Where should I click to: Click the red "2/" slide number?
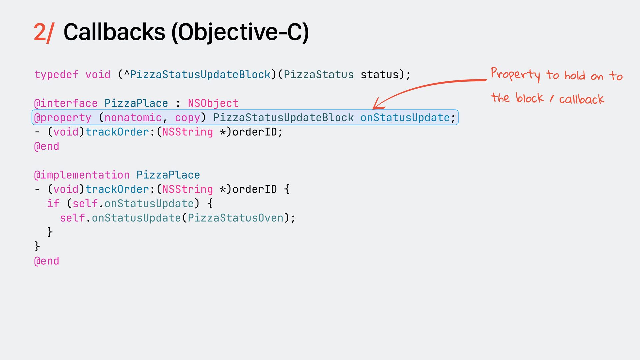(x=43, y=33)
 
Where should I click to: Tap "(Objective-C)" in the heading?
(x=240, y=33)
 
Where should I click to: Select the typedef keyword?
(x=56, y=74)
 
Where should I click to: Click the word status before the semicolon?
(x=379, y=74)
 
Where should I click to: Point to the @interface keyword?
(x=66, y=103)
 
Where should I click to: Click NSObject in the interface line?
(x=213, y=103)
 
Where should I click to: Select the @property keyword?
(x=63, y=117)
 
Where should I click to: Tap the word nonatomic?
(x=133, y=117)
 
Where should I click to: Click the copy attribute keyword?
(x=187, y=117)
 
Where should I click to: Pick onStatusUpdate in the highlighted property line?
(x=405, y=117)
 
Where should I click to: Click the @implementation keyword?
(x=82, y=175)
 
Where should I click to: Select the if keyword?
(x=53, y=203)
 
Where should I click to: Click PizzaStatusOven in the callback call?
(x=235, y=218)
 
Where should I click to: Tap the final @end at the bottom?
(x=47, y=261)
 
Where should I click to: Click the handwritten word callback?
(x=581, y=99)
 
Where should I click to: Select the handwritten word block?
(x=529, y=98)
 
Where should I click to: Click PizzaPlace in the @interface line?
(x=136, y=103)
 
